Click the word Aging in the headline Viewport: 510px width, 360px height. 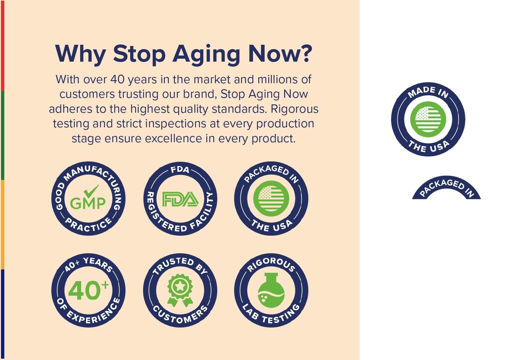coord(206,55)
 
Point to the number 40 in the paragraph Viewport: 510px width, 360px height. coord(118,80)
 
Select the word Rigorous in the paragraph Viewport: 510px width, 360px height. coord(294,109)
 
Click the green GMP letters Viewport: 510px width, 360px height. coord(88,203)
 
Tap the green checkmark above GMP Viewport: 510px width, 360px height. coord(91,191)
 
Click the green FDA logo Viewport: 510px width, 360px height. coord(180,199)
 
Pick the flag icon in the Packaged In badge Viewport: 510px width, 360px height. coord(271,199)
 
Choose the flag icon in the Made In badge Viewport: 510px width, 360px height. coord(428,119)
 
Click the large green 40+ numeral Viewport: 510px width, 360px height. coord(88,290)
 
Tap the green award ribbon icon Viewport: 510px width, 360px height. coord(180,290)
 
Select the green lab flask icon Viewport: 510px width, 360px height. coord(271,290)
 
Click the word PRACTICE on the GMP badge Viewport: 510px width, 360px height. coord(88,225)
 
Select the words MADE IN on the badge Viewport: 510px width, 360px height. coord(428,92)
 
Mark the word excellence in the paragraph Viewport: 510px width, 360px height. coord(173,139)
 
